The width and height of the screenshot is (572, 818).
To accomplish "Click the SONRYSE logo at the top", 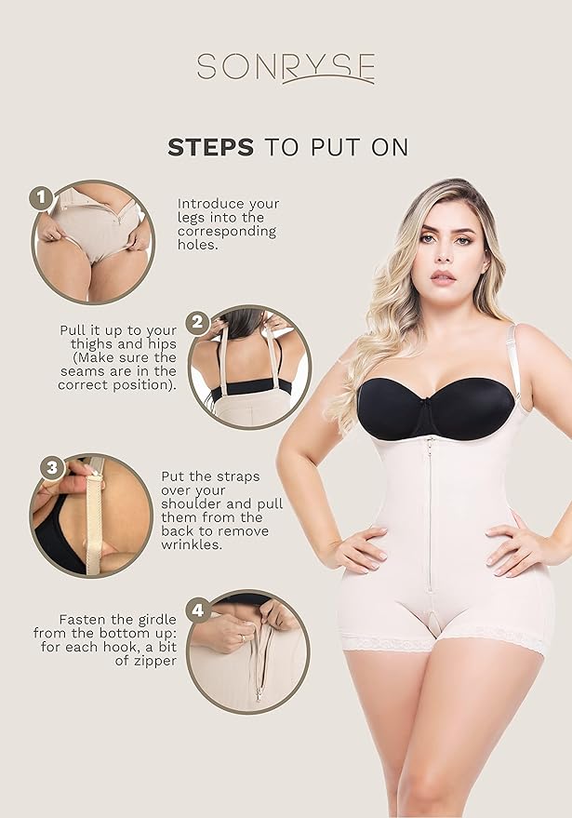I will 286,67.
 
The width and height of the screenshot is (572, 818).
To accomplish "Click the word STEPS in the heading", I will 210,147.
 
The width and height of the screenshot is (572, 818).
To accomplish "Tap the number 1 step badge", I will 40,197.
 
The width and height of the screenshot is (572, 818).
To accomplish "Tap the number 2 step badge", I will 197,323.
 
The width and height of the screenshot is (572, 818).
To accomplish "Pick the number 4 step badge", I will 196,610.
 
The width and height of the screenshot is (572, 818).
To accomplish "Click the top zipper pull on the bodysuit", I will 429,441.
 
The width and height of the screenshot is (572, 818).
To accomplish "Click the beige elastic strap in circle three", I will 93,517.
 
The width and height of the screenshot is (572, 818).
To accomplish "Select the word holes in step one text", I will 197,246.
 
